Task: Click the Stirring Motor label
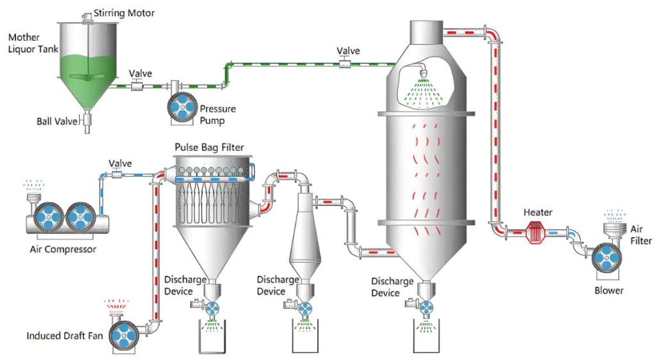[124, 13]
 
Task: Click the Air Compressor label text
[63, 249]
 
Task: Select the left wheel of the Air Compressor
[49, 217]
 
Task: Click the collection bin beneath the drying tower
[426, 338]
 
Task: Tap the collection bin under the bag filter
[213, 338]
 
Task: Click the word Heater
[537, 212]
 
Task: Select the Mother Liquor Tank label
[29, 43]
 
